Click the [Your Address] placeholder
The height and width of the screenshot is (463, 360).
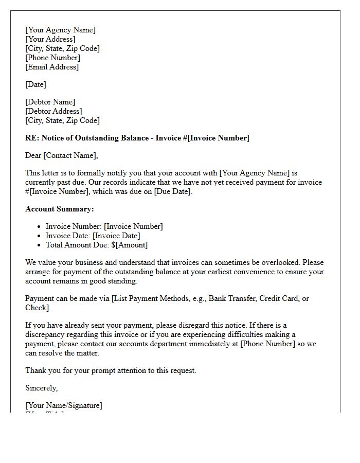[50, 39]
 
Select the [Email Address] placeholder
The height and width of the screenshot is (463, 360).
[52, 67]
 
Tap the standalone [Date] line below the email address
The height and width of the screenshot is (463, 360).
[35, 84]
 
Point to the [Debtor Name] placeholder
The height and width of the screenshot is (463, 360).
[50, 102]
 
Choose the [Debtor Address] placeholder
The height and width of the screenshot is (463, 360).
[53, 111]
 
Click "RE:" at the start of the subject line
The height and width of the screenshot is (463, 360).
[32, 138]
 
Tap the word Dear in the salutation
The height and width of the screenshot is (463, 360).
[33, 155]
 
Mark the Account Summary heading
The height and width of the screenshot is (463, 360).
[60, 209]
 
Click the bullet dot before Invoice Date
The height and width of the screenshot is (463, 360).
[39, 236]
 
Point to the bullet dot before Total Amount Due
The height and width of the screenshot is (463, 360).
[39, 245]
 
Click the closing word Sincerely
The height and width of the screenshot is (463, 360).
[41, 388]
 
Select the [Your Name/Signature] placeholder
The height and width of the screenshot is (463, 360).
[63, 405]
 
